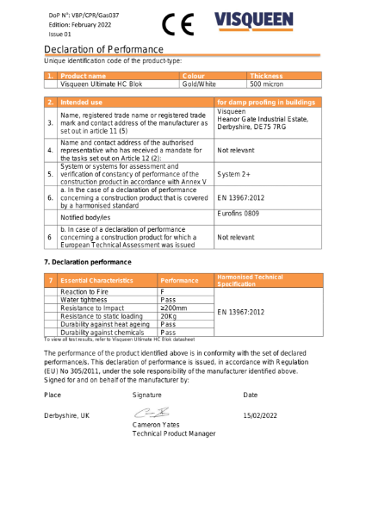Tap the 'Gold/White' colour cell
(199, 84)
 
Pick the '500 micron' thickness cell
(266, 84)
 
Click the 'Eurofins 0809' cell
(239, 212)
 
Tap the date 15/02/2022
(262, 415)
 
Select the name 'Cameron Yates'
(158, 425)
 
